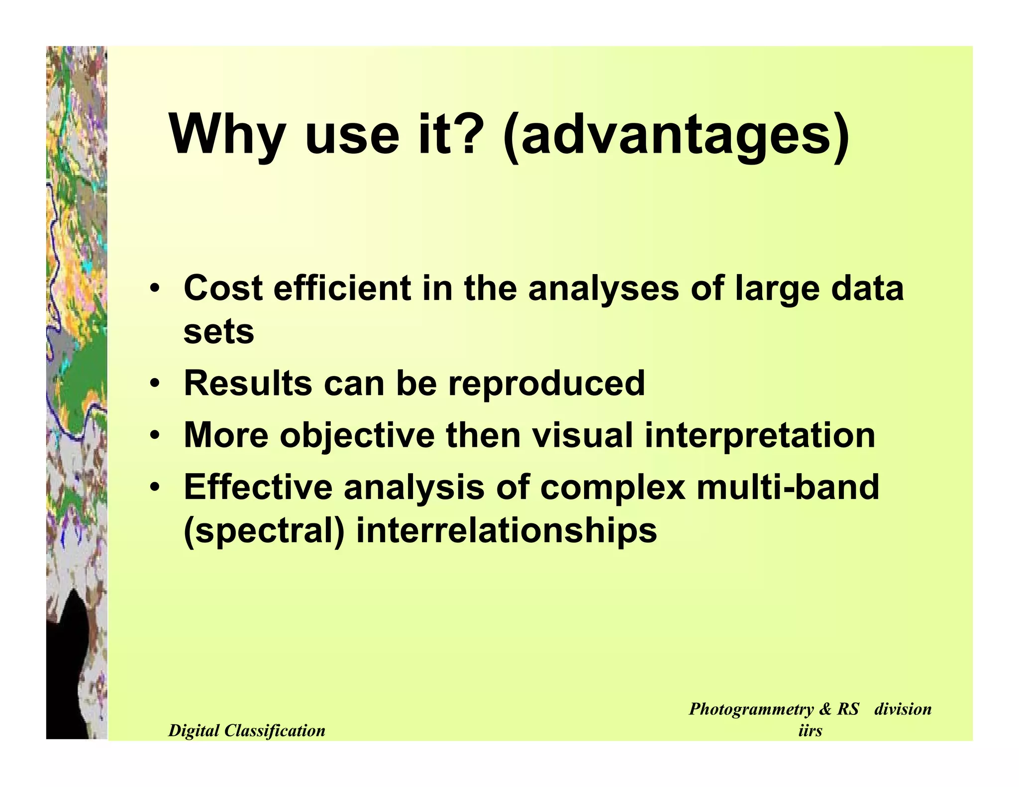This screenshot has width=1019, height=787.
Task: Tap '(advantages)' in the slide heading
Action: coord(676,135)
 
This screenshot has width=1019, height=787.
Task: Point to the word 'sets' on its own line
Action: coord(218,332)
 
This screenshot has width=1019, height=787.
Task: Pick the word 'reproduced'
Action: coord(546,383)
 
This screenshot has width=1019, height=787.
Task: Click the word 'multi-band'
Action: coord(788,487)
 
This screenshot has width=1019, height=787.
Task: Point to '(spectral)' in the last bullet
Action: coord(264,531)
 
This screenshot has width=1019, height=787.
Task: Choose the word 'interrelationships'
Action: coord(507,531)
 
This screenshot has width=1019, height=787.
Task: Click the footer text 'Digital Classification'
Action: coord(247,731)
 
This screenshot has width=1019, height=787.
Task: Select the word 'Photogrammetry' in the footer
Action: coord(752,709)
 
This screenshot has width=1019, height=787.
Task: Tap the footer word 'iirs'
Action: coord(810,731)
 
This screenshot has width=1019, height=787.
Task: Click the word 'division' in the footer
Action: coord(903,709)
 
